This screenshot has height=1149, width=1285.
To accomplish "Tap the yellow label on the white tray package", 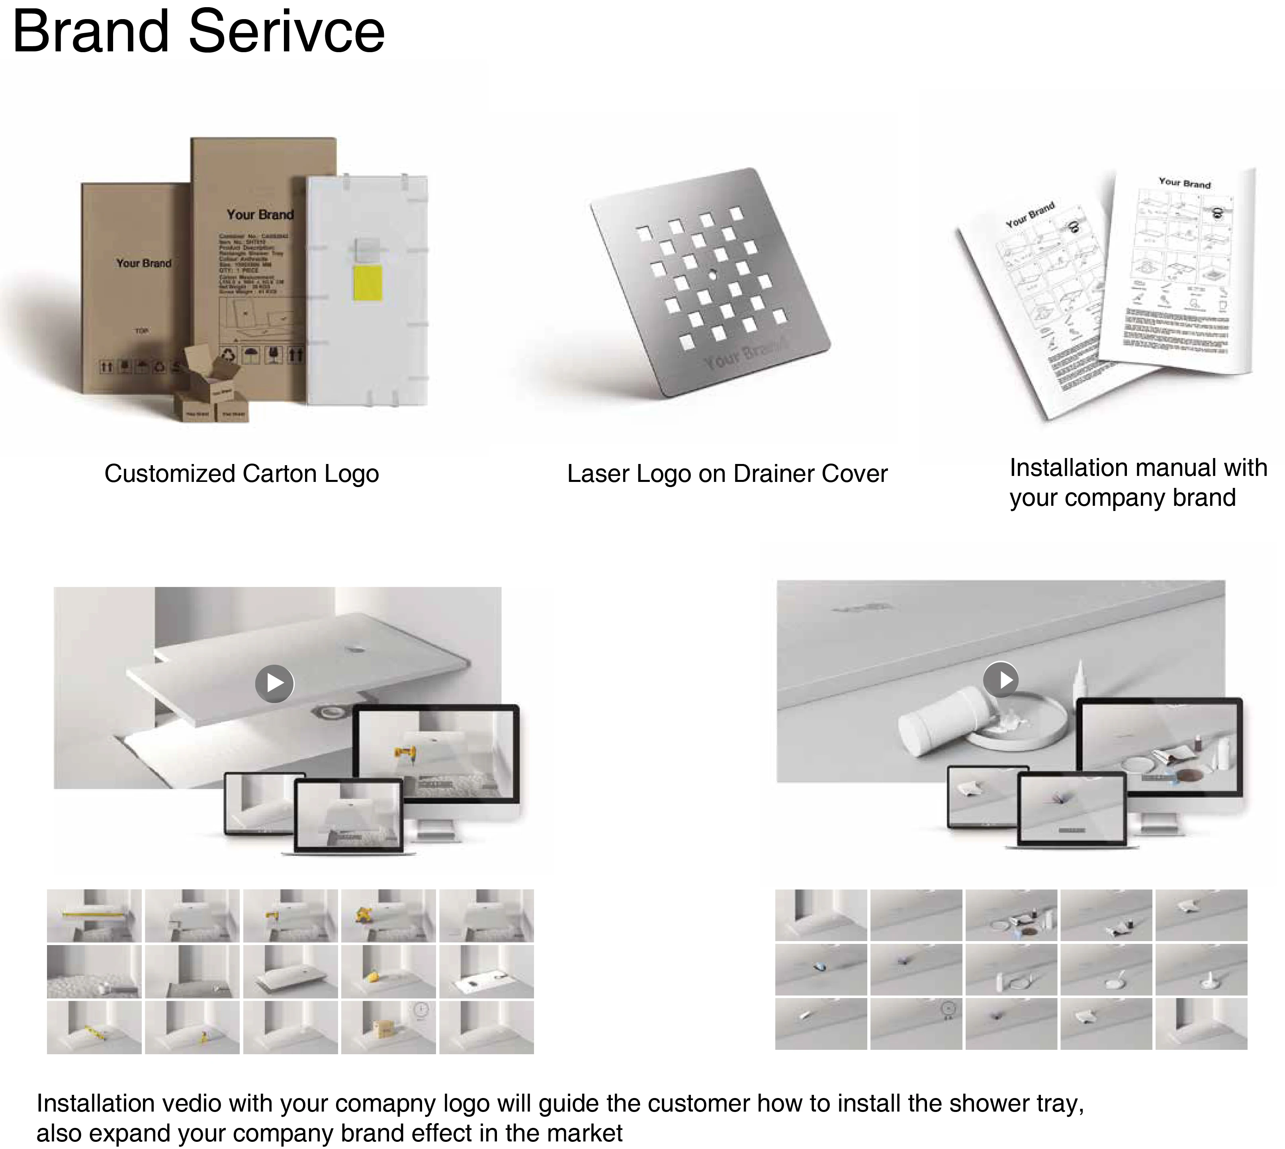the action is click(367, 283).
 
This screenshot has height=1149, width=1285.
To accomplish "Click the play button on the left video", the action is click(274, 683).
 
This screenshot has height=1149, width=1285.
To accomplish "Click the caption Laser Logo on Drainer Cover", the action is click(727, 474).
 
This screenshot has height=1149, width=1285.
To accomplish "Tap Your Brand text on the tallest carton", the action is click(260, 215).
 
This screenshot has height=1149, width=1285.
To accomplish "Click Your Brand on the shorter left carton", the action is click(143, 263).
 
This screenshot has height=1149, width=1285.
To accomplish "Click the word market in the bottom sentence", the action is click(585, 1133).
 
